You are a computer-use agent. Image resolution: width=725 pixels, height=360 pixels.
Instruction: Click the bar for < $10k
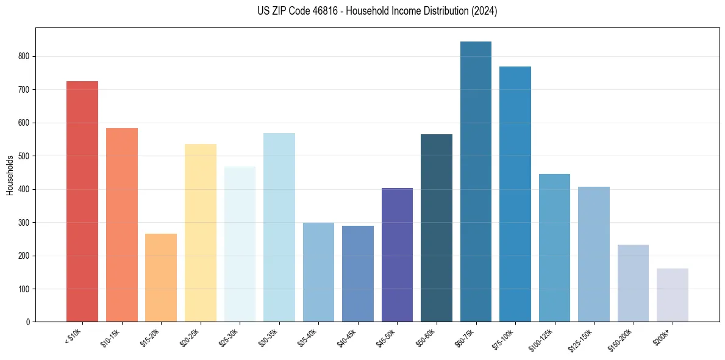coord(82,201)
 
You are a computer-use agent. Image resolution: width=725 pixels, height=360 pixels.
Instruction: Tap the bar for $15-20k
coord(161,278)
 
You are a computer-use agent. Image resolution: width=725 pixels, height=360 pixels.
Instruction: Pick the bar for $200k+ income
coord(673,295)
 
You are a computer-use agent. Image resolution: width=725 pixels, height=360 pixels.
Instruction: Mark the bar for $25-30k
coord(240,244)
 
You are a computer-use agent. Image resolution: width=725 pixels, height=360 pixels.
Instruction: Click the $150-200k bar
coord(633,283)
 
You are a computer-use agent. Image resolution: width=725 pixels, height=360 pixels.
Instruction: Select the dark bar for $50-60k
coord(437,228)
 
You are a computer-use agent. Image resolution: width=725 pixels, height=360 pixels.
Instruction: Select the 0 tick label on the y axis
coord(28,322)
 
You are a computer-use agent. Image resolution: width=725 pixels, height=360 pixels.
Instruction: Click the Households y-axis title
coord(10,175)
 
